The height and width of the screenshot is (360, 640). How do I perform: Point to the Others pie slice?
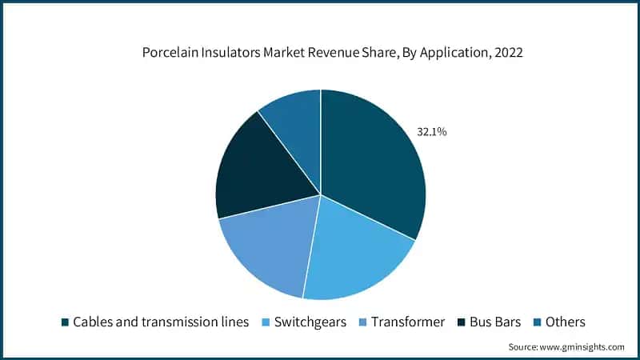[x=292, y=120]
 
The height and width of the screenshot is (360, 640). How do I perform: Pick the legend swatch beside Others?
[x=538, y=322]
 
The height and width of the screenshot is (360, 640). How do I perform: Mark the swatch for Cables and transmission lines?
[x=65, y=322]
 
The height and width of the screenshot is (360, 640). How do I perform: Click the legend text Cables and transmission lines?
[x=160, y=322]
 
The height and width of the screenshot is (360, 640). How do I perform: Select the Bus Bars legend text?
[x=494, y=322]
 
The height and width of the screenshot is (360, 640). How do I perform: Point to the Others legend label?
[x=566, y=322]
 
